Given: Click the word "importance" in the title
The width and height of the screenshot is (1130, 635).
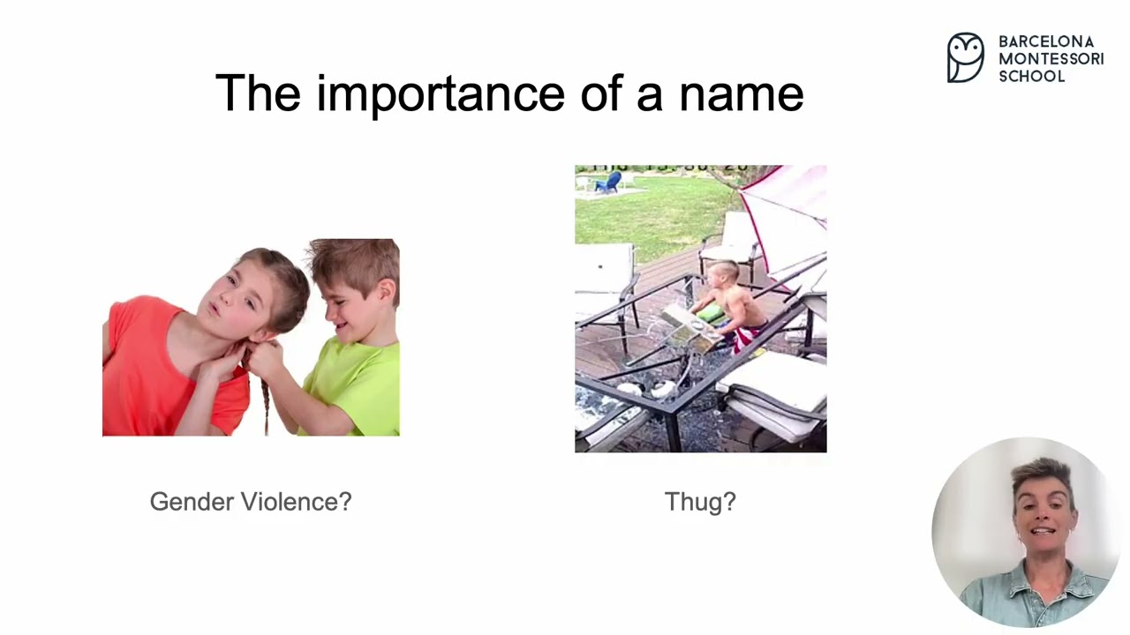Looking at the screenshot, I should (x=440, y=93).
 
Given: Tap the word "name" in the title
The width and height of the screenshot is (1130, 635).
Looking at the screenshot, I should (x=741, y=93).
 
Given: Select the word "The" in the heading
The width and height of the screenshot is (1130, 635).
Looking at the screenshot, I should (x=258, y=93).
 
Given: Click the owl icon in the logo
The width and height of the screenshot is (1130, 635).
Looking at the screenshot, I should (x=965, y=58).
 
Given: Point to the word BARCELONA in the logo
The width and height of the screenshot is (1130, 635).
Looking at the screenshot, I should (x=1045, y=41).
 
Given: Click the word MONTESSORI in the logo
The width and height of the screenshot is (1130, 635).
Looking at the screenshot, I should (x=1051, y=59).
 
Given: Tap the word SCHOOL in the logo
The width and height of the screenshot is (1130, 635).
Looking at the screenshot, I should (x=1031, y=77).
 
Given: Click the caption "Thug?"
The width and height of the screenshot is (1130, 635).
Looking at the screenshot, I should (x=700, y=502).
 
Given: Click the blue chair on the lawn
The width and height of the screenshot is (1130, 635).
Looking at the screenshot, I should (x=608, y=183).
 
